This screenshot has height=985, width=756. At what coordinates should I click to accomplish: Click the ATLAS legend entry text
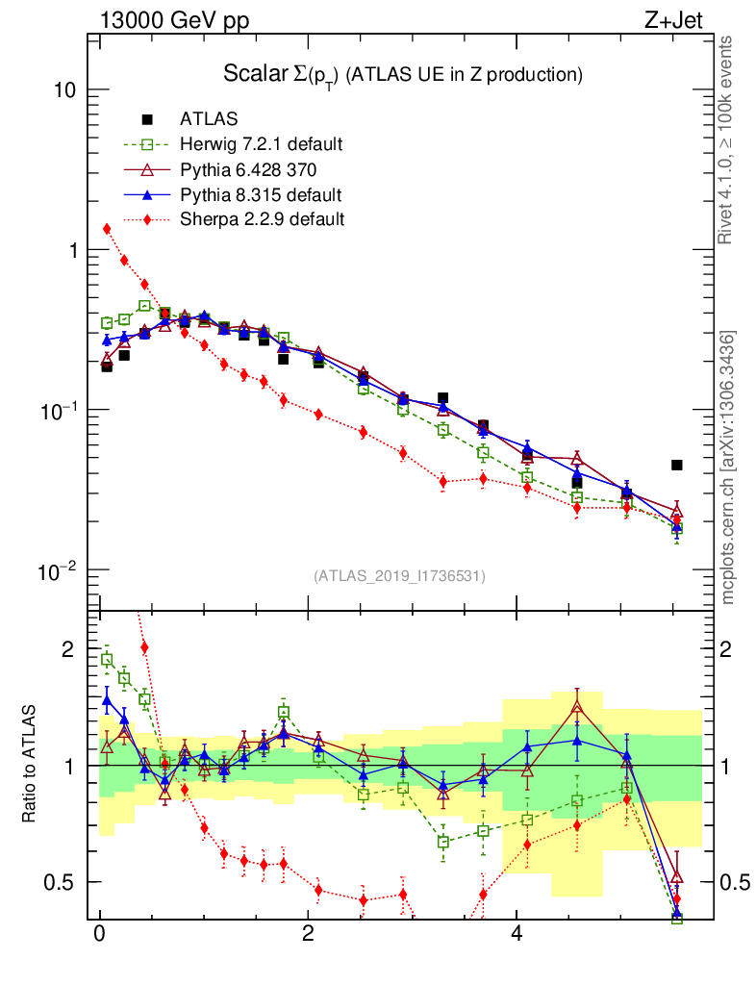coord(209,119)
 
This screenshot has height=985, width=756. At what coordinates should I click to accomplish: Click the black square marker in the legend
coord(147,119)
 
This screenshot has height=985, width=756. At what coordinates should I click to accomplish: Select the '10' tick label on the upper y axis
coord(64,90)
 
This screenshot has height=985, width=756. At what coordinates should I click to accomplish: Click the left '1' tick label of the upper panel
coord(71,250)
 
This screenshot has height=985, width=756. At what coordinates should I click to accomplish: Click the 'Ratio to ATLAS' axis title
coord(28,765)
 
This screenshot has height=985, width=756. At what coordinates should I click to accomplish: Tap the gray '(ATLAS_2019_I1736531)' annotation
coord(399,576)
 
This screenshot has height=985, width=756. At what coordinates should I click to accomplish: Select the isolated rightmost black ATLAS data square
coord(677,465)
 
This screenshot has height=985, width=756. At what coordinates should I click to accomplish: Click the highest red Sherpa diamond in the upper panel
coord(107,228)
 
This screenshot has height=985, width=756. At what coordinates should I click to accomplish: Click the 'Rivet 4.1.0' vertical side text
coord(728,139)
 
